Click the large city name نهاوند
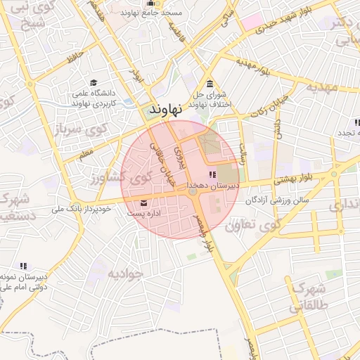[167, 109]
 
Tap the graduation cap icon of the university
[94, 82]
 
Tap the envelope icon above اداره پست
[143, 204]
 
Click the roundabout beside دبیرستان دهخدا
[193, 191]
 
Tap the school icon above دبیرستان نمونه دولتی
[23, 266]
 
